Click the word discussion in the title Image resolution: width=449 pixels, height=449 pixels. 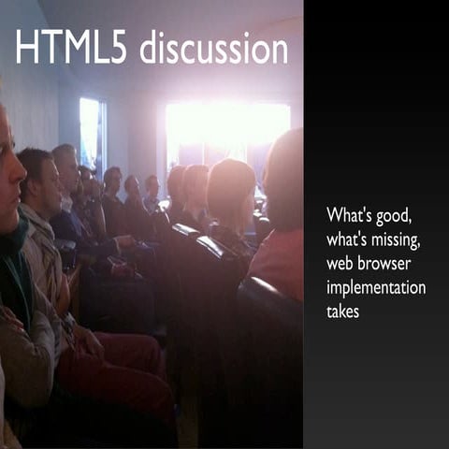(x=213, y=49)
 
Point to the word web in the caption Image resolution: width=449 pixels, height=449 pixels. (x=340, y=264)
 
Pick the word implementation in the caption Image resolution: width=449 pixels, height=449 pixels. (x=375, y=288)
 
